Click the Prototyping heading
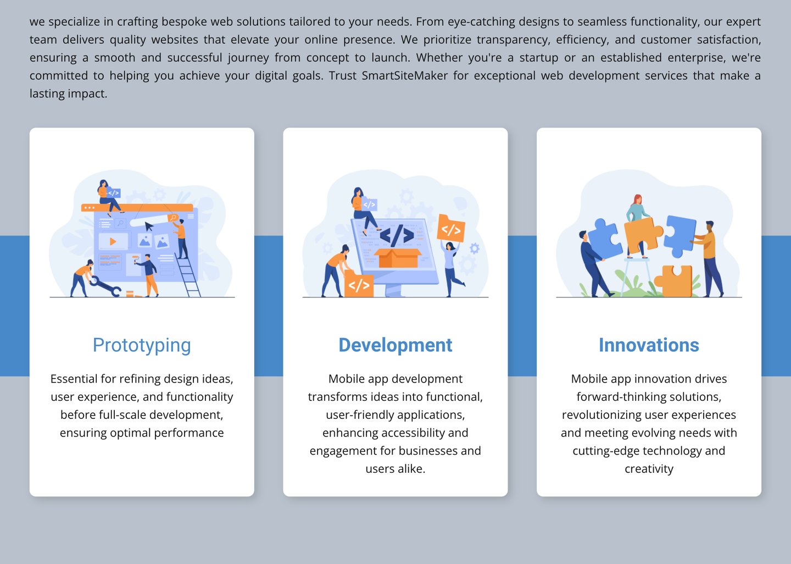142,345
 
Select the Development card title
395,345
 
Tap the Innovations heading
649,345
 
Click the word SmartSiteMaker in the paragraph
404,75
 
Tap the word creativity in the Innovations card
649,469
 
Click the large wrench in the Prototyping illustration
105,286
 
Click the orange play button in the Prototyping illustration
113,241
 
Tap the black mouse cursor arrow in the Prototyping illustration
149,226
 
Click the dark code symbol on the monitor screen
397,235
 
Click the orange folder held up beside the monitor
450,228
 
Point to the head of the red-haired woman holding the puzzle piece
637,200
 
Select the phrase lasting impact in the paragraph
68,93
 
